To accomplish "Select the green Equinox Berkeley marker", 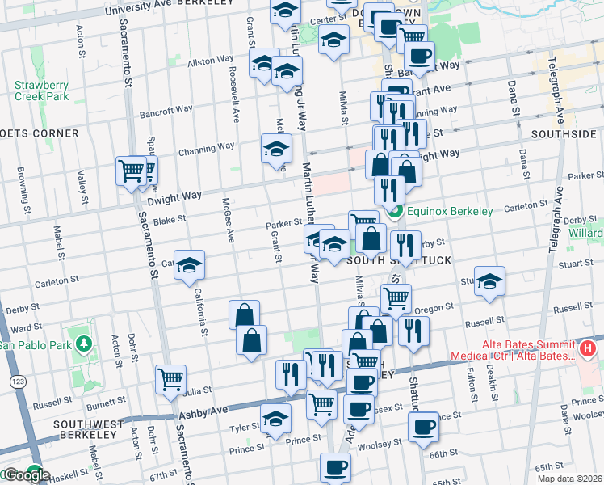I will pos(395,213).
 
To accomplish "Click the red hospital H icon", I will pos(588,349).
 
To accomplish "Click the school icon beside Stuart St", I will pos(489,280).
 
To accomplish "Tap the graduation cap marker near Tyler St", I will pos(275,419).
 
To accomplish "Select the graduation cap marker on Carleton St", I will pos(189,264).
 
